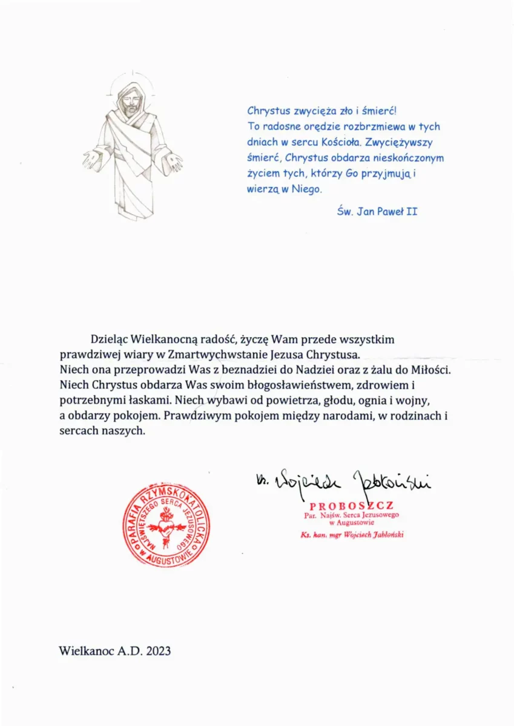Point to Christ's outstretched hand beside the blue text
point(173,159)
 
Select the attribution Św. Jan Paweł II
point(377,212)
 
